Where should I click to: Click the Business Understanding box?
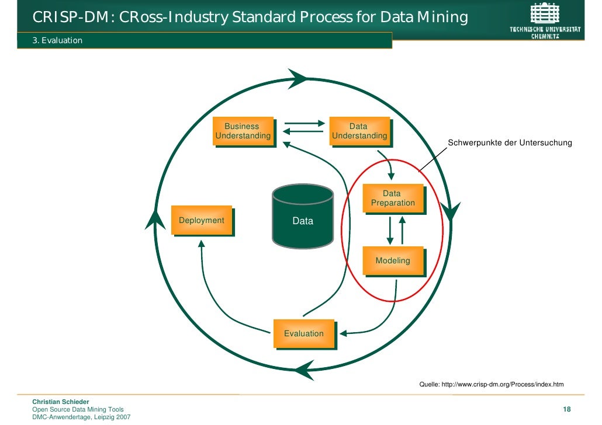click(x=243, y=131)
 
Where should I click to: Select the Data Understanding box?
click(x=359, y=131)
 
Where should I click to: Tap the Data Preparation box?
click(x=393, y=198)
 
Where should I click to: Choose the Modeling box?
click(x=393, y=261)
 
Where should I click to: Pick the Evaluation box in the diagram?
click(x=304, y=333)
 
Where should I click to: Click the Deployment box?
click(x=201, y=220)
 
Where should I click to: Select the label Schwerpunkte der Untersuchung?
click(x=510, y=143)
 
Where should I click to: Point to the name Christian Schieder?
click(x=60, y=402)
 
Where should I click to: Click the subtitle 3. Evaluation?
click(x=57, y=40)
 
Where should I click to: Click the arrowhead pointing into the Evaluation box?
click(x=344, y=334)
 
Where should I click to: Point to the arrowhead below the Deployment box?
click(x=201, y=245)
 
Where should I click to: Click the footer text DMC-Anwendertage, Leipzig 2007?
click(x=81, y=417)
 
